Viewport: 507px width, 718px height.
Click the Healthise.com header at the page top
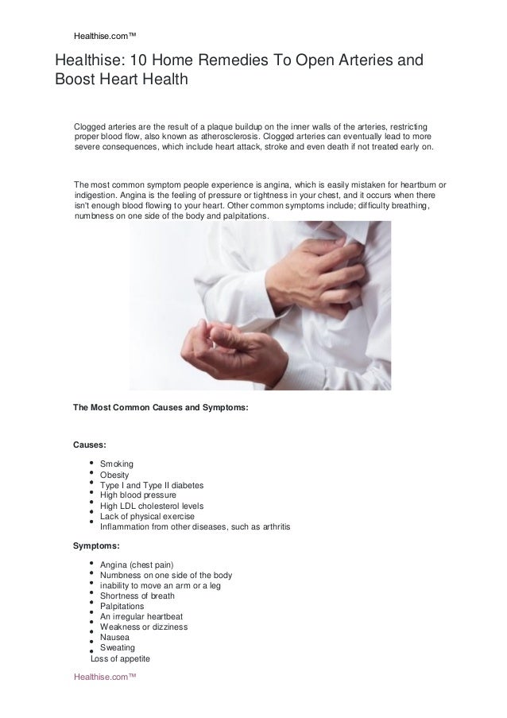coord(105,35)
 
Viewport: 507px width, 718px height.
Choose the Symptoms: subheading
coord(97,546)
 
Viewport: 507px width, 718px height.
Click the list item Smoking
coord(117,464)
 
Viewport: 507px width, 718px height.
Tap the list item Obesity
coord(115,475)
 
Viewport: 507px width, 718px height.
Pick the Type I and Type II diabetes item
coord(152,485)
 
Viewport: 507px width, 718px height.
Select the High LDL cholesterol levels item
coord(152,506)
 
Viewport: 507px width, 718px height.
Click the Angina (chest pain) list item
coord(137,565)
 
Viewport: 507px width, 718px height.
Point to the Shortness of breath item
coord(137,596)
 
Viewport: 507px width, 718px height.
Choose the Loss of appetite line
coord(120,658)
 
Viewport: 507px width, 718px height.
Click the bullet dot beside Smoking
coord(94,462)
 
